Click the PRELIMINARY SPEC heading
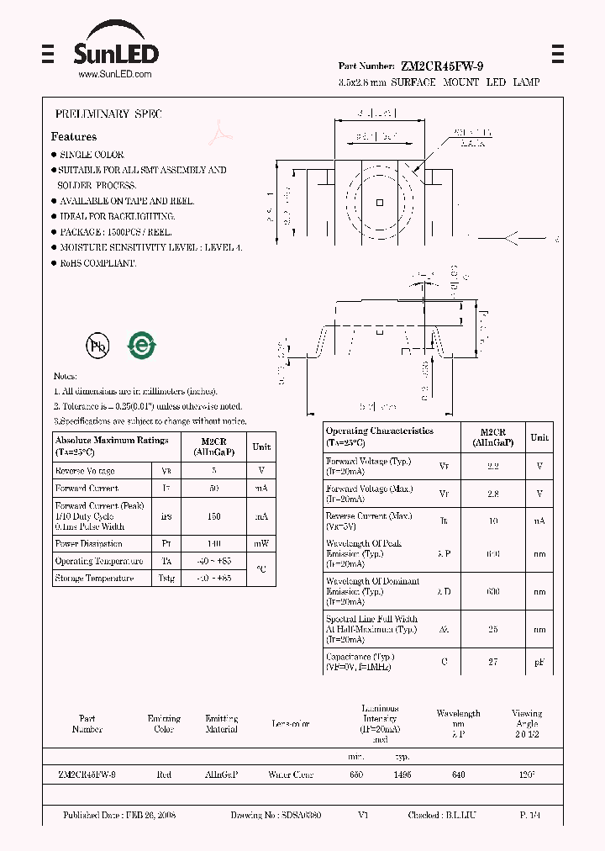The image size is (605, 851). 108,114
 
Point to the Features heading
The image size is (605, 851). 74,136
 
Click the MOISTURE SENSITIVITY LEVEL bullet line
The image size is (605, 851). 150,248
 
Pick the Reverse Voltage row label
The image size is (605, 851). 85,472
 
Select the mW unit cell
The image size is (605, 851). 261,544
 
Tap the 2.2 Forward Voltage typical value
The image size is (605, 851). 492,465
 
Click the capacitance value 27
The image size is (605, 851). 492,663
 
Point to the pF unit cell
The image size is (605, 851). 539,663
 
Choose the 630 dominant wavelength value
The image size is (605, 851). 492,591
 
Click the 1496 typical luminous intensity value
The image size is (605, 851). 402,774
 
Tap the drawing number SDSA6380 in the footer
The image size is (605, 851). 299,816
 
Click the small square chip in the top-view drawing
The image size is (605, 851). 381,202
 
